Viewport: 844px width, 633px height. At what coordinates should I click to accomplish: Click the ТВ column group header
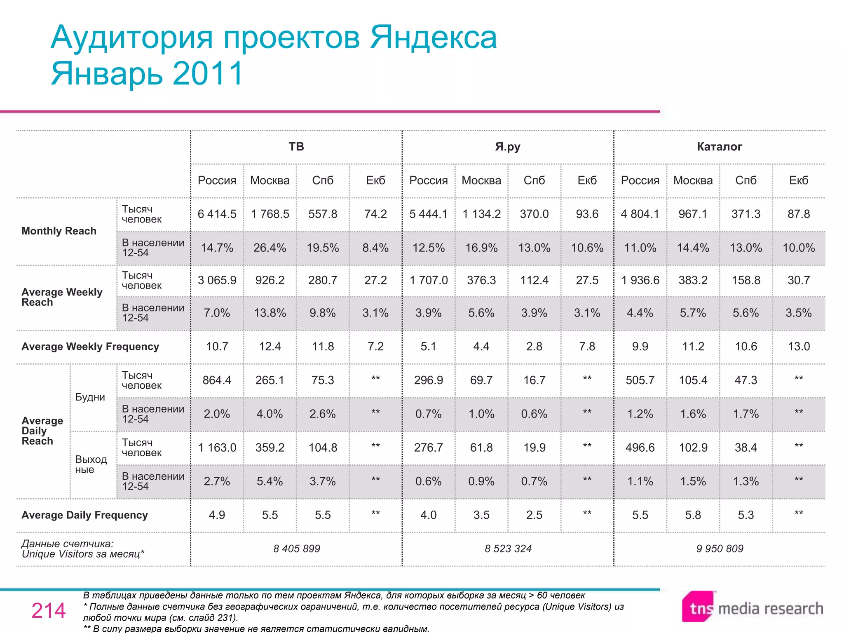[296, 147]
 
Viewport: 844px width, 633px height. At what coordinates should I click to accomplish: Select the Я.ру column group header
[508, 147]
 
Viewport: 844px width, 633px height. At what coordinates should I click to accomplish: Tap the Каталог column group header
[720, 147]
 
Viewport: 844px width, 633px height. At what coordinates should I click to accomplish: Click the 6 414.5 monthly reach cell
[217, 214]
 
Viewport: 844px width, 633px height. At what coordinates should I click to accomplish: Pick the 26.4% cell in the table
[270, 248]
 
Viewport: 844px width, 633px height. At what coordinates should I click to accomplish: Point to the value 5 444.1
[428, 214]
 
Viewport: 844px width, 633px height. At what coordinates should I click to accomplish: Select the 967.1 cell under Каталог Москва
[693, 214]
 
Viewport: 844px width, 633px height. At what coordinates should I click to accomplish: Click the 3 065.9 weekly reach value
[217, 280]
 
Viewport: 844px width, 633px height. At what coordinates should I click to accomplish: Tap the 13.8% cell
[270, 313]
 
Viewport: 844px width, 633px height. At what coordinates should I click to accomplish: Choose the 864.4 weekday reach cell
[217, 380]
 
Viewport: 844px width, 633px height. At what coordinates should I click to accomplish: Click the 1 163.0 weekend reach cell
[217, 448]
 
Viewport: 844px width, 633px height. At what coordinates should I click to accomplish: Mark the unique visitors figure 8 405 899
[297, 549]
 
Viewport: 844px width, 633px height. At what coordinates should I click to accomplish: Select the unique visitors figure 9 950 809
[720, 549]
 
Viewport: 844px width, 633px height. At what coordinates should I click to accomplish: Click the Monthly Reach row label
[59, 231]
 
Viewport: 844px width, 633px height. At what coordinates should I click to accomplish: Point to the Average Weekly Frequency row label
[90, 347]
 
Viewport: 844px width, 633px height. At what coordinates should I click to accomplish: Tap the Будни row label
[90, 397]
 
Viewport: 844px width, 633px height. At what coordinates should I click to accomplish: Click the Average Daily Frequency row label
[84, 515]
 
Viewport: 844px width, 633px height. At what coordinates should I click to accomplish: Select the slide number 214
[49, 610]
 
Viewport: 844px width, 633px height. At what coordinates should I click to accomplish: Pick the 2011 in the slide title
[208, 73]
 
